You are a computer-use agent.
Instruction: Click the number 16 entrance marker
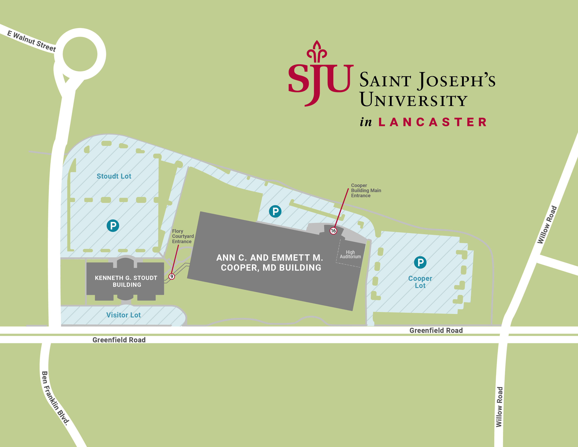tap(333, 231)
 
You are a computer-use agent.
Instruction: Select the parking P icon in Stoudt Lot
tap(113, 226)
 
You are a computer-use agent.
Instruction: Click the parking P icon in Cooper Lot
tap(420, 262)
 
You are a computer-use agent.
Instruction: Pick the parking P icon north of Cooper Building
tap(275, 211)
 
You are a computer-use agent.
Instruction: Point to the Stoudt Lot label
tap(114, 176)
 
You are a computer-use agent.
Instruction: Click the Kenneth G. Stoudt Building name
tap(126, 281)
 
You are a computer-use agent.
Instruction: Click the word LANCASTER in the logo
tap(432, 122)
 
